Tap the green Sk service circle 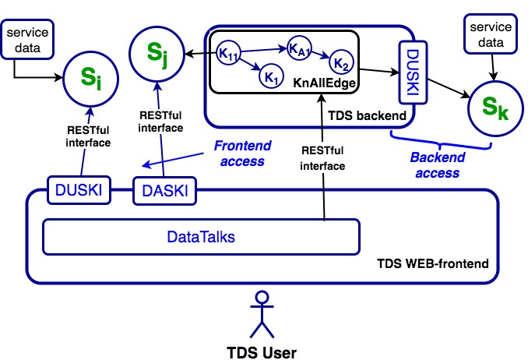click(x=493, y=107)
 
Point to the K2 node click(x=341, y=61)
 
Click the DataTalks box click(x=201, y=235)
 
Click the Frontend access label click(x=240, y=154)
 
